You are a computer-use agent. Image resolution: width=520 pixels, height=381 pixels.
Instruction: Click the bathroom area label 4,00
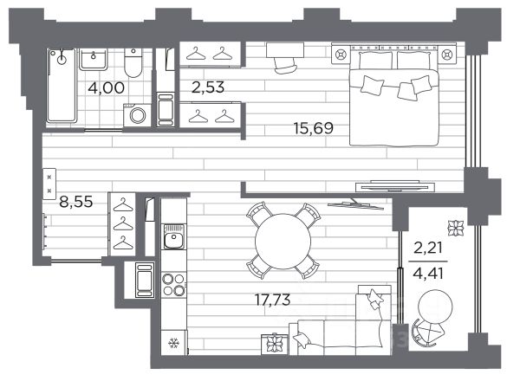pos(107,87)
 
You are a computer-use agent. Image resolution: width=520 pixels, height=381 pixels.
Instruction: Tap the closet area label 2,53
pos(208,87)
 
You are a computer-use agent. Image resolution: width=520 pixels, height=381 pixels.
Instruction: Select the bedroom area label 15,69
pos(314,128)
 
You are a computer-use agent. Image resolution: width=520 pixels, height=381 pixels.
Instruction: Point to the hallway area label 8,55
pos(76,202)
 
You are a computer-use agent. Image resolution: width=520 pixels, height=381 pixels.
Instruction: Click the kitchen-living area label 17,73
pos(273,300)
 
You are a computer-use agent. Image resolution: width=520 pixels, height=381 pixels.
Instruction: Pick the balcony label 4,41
pos(428,274)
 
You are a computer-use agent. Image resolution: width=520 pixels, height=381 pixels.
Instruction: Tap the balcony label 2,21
pos(428,248)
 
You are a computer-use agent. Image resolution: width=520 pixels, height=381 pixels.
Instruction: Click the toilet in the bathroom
pos(133,62)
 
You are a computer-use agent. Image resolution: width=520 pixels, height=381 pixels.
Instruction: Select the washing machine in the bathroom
pos(137,115)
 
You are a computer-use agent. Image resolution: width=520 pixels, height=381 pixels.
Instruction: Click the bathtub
pos(62,86)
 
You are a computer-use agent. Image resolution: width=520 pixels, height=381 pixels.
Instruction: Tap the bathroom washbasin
pos(94,59)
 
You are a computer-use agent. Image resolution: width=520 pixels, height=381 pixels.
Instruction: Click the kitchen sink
pos(174,237)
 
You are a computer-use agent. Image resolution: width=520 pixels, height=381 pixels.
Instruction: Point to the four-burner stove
pos(174,285)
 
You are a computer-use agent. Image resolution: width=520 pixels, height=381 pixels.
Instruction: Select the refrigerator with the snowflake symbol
pos(174,343)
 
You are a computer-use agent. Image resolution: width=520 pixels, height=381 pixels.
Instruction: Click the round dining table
pos(283,242)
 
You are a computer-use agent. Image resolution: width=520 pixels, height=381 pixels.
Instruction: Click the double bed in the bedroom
pos(394,96)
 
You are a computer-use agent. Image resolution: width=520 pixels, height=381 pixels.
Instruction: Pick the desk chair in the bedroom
pos(285,65)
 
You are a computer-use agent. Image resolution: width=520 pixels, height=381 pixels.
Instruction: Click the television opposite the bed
pos(394,186)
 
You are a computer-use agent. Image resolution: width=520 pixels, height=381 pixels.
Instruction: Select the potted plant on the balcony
pos(456,229)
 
